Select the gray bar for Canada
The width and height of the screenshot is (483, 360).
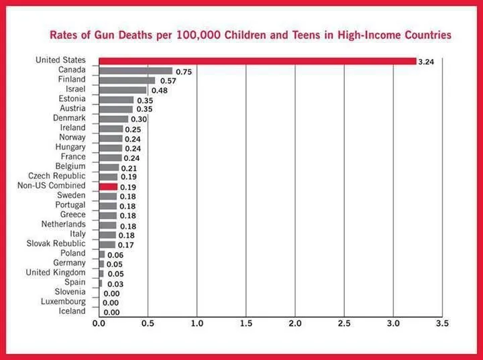136,70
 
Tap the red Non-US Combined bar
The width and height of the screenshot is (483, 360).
108,186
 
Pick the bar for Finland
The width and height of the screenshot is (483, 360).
127,80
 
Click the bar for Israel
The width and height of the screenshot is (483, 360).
122,90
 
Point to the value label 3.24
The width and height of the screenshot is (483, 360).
426,62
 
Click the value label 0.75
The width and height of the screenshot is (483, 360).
184,72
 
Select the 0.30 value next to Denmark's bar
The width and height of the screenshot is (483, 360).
139,119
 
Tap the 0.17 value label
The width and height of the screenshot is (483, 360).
125,245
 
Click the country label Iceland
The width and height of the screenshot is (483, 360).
72,311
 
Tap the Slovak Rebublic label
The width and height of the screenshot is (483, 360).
56,243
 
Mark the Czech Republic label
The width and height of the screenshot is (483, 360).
57,176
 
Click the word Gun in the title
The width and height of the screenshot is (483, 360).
129,34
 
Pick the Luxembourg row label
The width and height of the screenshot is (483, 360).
62,302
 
